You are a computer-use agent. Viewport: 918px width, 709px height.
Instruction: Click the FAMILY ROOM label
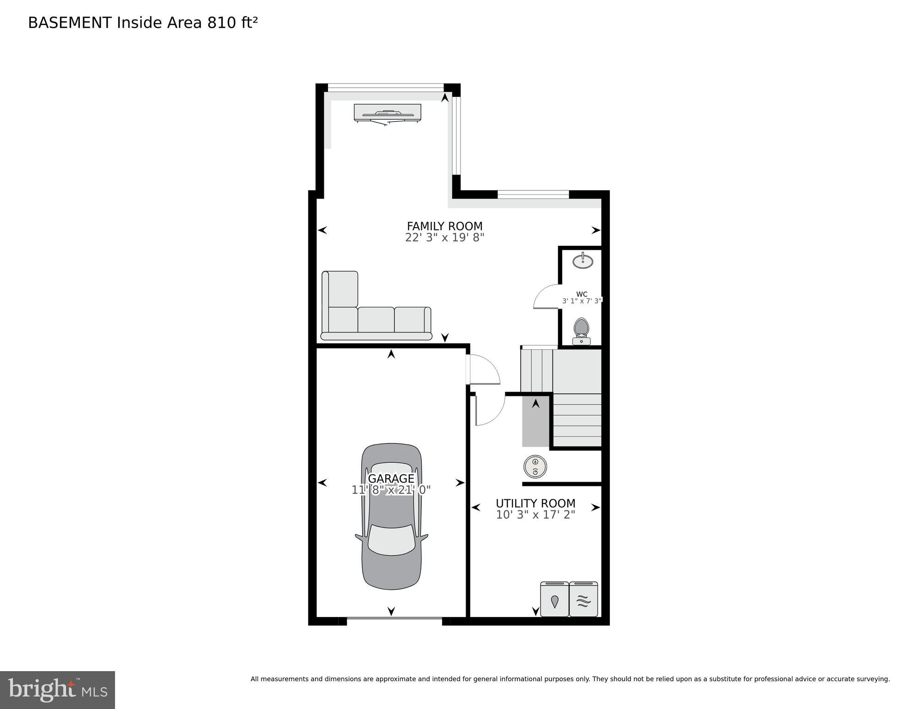(444, 226)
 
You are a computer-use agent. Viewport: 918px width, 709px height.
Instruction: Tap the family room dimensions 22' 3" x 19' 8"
(444, 238)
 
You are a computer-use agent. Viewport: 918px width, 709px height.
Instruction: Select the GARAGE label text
(391, 479)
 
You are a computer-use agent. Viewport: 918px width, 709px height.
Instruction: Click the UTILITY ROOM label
(535, 503)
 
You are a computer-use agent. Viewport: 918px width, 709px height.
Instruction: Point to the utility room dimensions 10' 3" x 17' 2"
(535, 515)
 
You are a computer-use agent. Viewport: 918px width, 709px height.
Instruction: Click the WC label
(582, 294)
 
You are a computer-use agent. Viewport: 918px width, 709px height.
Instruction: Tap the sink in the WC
(583, 261)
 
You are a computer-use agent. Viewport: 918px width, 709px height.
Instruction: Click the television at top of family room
(388, 113)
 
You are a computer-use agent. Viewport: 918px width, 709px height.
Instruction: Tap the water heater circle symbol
(535, 467)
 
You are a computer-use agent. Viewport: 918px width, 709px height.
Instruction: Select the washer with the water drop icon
(554, 600)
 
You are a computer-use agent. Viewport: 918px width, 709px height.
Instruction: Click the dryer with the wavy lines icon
(584, 600)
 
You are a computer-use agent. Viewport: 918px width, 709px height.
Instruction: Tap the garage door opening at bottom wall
(394, 618)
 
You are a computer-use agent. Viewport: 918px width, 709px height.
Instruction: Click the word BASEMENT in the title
(70, 23)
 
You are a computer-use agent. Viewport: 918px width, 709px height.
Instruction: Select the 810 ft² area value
(232, 23)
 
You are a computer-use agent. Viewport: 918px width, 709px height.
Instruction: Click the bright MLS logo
(57, 690)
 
